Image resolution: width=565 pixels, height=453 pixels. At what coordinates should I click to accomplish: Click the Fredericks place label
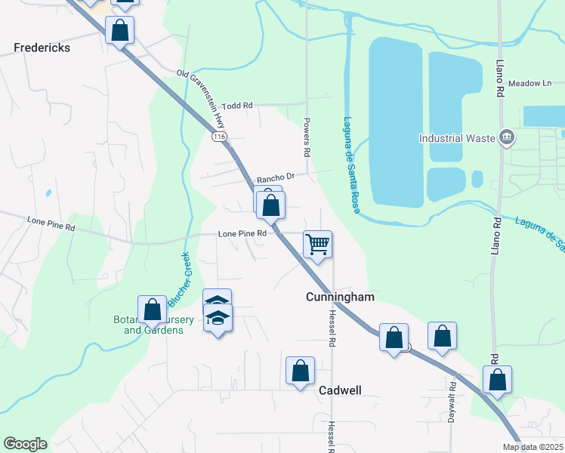click(42, 48)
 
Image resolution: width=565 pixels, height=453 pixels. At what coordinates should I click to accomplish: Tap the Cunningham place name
click(340, 297)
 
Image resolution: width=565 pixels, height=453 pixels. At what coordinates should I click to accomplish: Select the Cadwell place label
click(340, 390)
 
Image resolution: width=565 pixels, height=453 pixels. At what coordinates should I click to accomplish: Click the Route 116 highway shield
click(219, 137)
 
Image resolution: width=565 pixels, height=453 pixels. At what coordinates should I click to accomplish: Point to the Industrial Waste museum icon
click(507, 137)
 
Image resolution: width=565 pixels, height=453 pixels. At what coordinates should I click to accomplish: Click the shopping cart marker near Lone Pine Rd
click(318, 244)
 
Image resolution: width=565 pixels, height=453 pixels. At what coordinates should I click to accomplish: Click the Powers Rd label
click(307, 136)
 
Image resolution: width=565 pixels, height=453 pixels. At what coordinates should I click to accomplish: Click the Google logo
click(24, 444)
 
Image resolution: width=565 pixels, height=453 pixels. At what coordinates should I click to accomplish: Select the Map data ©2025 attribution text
click(533, 447)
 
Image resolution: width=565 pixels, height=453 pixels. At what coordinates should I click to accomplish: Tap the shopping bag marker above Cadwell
click(300, 371)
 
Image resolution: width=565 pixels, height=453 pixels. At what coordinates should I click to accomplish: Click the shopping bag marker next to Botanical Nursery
click(153, 310)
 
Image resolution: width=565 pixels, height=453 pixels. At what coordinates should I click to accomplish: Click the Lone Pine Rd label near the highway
click(242, 234)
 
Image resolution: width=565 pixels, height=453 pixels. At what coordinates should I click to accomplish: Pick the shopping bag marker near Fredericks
click(119, 31)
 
